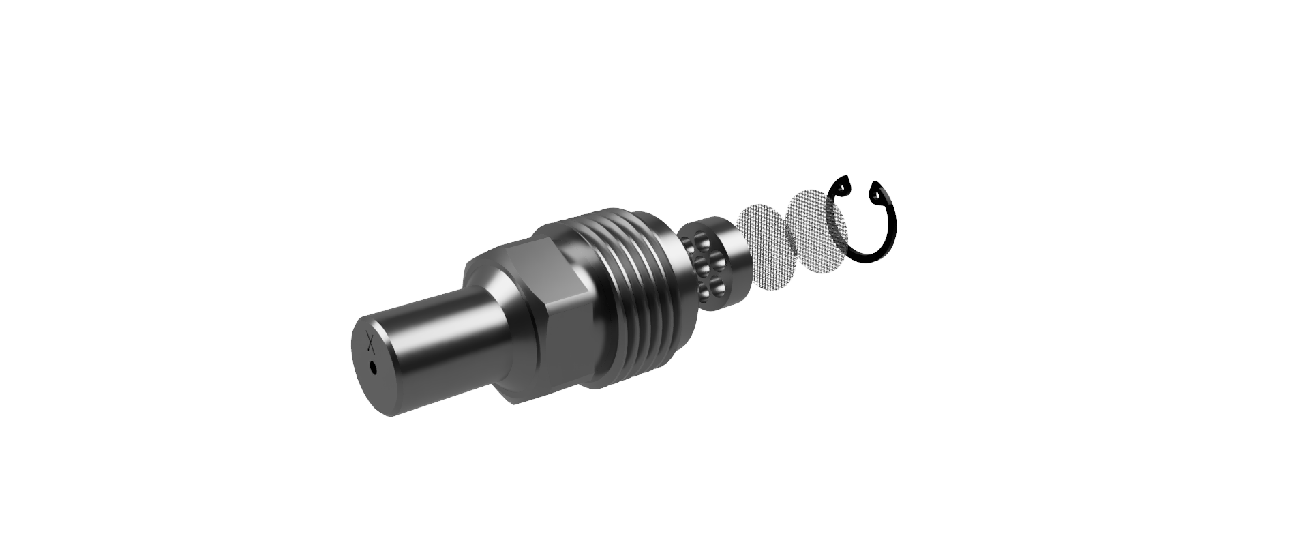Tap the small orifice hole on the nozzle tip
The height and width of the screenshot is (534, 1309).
(373, 368)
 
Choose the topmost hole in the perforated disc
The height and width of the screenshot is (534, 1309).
(696, 239)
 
